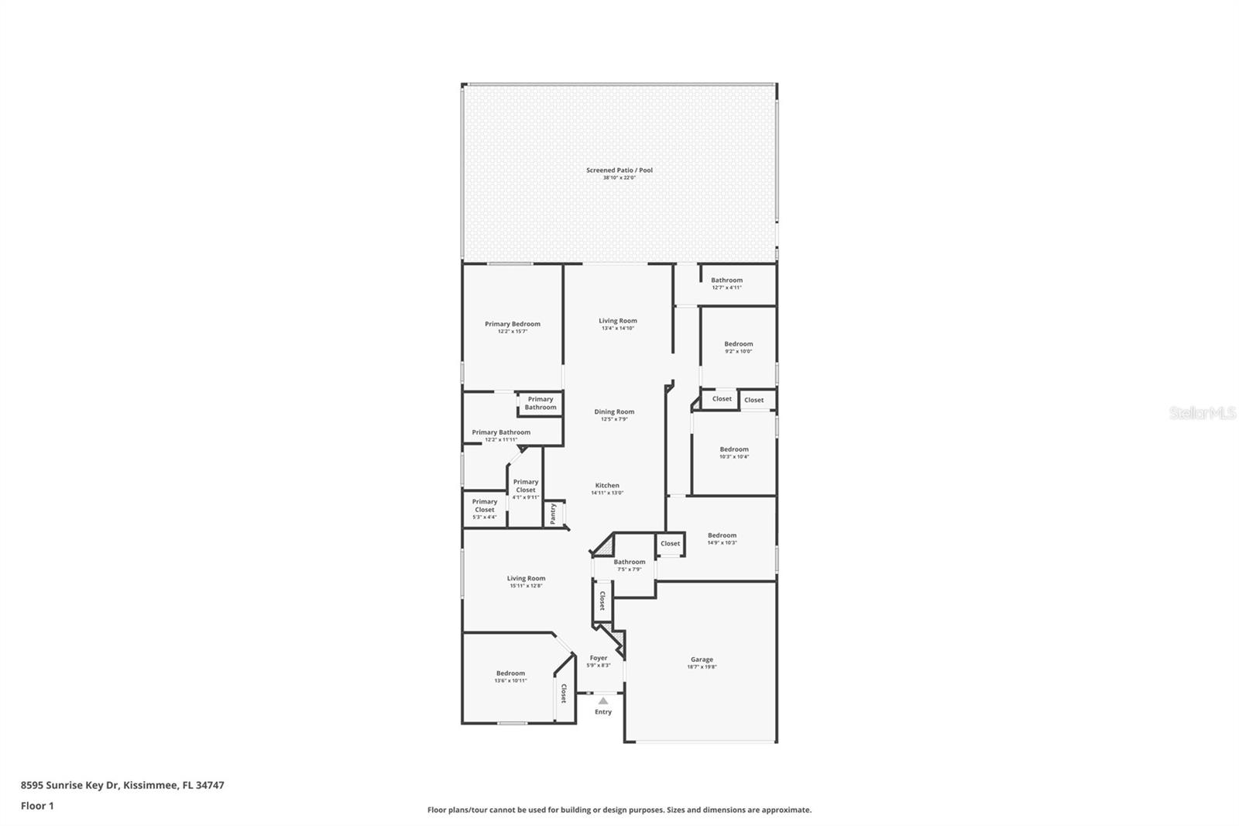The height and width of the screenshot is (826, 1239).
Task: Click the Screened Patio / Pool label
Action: (x=619, y=170)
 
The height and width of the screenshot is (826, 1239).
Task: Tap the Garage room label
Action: (x=702, y=659)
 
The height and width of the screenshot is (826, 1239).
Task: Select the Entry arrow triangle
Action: (x=603, y=700)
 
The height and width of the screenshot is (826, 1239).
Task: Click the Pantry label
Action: (x=553, y=514)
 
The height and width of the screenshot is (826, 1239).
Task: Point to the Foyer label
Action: (x=599, y=658)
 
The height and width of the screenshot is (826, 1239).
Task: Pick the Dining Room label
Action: (x=614, y=412)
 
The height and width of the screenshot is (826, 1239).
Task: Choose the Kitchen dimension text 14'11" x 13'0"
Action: (x=607, y=493)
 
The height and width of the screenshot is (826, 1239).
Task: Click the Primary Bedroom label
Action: (x=513, y=324)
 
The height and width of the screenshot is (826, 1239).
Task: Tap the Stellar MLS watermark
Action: (x=1202, y=414)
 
